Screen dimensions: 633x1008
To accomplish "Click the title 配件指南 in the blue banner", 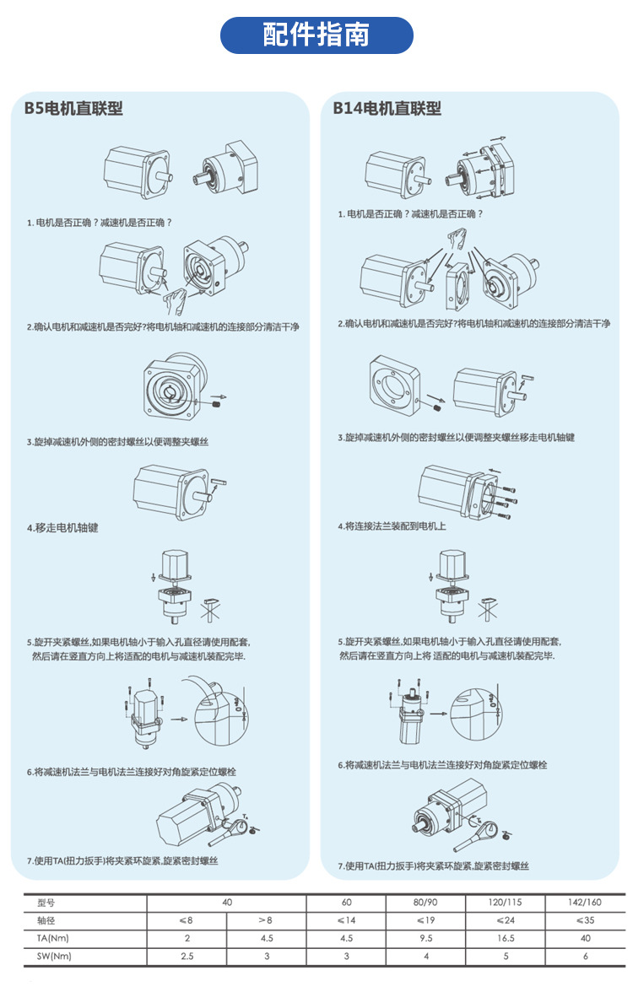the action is pyautogui.click(x=316, y=35).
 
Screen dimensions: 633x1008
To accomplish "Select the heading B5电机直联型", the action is pyautogui.click(x=73, y=108).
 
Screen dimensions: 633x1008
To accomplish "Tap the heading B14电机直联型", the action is pyautogui.click(x=387, y=108).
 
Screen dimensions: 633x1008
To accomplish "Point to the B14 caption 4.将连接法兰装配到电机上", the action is pyautogui.click(x=392, y=526).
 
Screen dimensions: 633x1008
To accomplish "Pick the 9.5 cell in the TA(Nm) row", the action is pyautogui.click(x=425, y=938).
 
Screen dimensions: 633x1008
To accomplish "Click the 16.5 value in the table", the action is pyautogui.click(x=506, y=938).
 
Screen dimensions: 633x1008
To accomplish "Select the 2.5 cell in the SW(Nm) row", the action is pyautogui.click(x=187, y=957).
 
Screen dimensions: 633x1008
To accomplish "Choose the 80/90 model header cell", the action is pyautogui.click(x=425, y=902).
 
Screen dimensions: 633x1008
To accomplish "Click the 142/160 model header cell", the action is pyautogui.click(x=586, y=902).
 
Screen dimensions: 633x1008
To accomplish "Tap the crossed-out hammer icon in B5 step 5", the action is pyautogui.click(x=213, y=606).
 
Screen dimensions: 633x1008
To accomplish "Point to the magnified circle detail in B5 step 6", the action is pyautogui.click(x=220, y=719).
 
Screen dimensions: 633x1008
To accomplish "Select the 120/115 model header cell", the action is pyautogui.click(x=506, y=902).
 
